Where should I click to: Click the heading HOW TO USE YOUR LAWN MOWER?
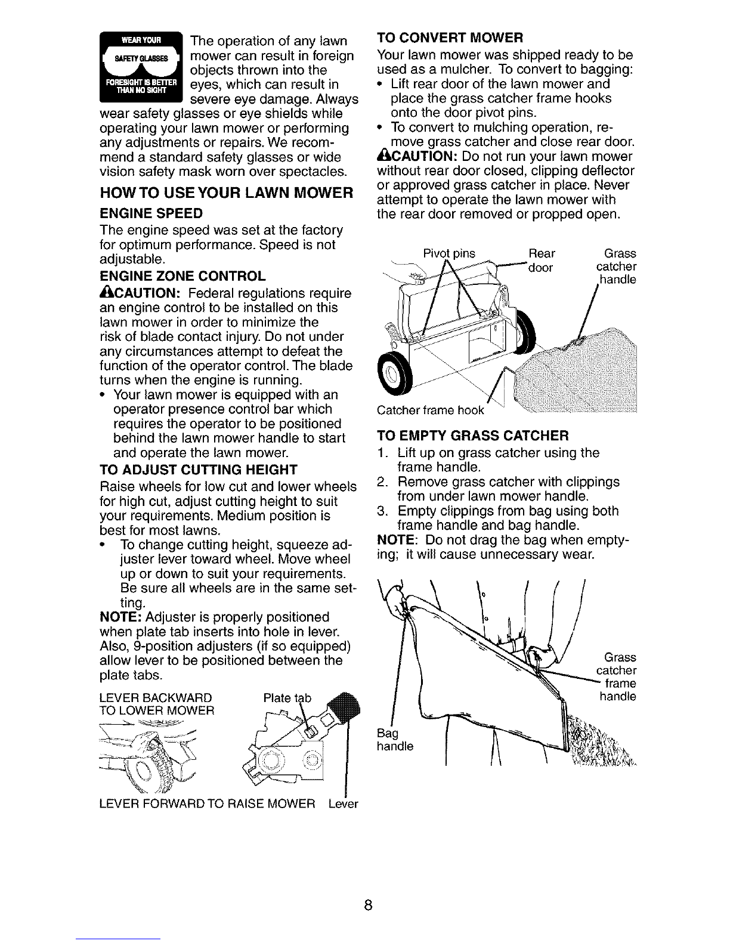tap(227, 192)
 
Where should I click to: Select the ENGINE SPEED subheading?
tap(151, 213)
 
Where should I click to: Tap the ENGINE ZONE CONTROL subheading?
tap(182, 277)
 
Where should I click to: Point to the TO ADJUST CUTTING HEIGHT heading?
tap(199, 470)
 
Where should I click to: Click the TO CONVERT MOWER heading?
tap(450, 38)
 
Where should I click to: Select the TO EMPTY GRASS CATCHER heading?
tap(473, 435)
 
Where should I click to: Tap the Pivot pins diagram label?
tap(449, 254)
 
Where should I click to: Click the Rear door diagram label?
tap(542, 260)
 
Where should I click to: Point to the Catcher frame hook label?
tap(431, 410)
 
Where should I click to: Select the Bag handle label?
tap(395, 740)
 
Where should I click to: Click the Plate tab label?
tap(287, 698)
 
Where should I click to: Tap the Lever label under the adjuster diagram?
tap(343, 804)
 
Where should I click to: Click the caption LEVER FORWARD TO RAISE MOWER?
tap(207, 804)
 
